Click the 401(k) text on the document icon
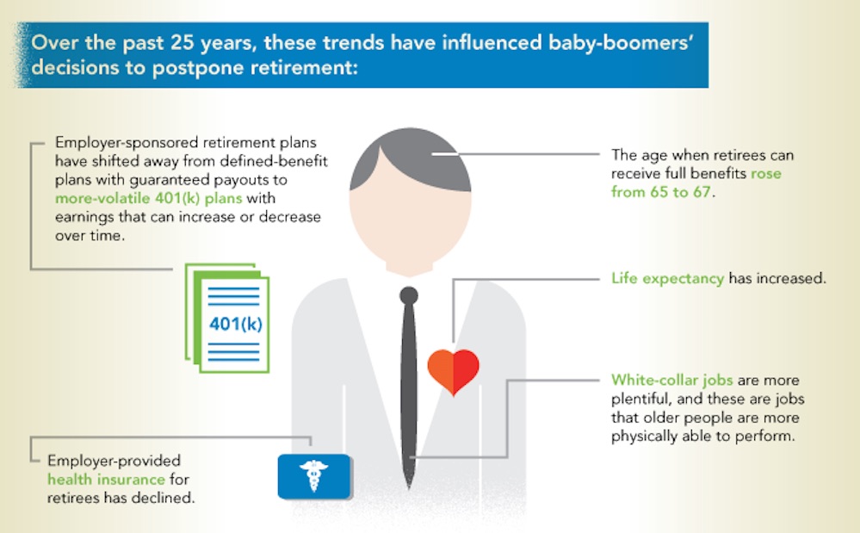click(235, 324)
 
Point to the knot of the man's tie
click(409, 295)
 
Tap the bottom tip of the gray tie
click(409, 487)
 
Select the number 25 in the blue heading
click(183, 42)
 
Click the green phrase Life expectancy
click(667, 279)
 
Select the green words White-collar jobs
click(671, 380)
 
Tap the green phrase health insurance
click(106, 480)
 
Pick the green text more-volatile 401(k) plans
click(149, 198)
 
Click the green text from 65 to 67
click(661, 192)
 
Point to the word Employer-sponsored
click(127, 143)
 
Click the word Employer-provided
click(114, 461)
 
